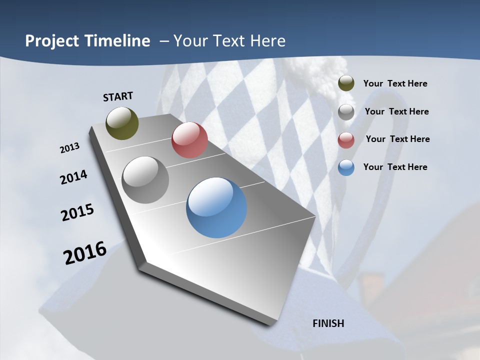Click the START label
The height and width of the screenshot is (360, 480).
(x=118, y=96)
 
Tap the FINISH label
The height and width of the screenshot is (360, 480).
(x=328, y=323)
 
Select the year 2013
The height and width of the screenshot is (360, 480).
(x=69, y=148)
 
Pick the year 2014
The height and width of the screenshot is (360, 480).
(x=73, y=177)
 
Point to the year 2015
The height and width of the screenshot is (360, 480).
(x=77, y=212)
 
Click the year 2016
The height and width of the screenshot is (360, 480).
(x=85, y=253)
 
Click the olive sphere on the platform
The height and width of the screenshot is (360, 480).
(x=122, y=123)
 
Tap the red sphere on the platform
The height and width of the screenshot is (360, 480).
(x=189, y=140)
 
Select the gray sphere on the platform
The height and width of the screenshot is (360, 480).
(x=145, y=180)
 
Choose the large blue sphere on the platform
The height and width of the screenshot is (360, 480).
(x=216, y=207)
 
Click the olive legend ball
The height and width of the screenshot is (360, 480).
(x=346, y=83)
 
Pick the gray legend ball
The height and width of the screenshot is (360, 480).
(x=346, y=112)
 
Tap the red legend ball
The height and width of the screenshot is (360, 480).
(x=346, y=140)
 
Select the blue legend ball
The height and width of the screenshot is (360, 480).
(x=346, y=167)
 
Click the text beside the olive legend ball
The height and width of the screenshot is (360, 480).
(x=395, y=83)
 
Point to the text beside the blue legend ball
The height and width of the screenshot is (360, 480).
(x=395, y=167)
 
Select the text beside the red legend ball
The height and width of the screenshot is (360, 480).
(x=397, y=139)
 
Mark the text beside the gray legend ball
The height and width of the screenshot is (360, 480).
(x=396, y=111)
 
